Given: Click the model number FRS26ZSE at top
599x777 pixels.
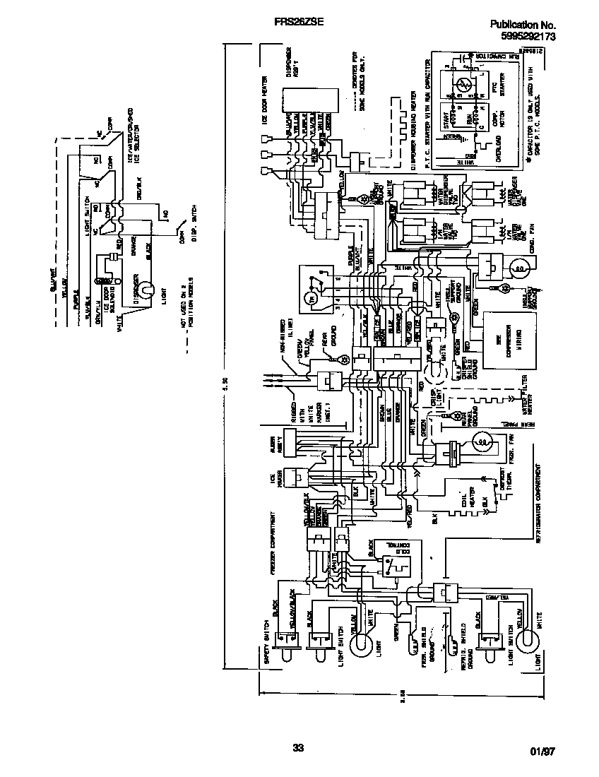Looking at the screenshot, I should click(x=298, y=23).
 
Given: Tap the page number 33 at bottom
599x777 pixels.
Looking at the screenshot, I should click(x=298, y=749).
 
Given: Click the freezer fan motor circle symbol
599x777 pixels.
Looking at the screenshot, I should click(x=482, y=444).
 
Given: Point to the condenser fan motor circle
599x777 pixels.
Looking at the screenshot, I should click(x=520, y=269).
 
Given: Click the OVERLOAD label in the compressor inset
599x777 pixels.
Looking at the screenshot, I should click(x=499, y=155).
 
